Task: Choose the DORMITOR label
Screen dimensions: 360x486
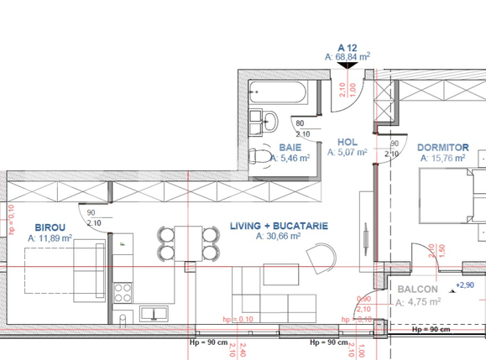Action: point(442,147)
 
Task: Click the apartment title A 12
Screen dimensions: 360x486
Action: point(348,47)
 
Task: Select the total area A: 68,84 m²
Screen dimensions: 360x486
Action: point(348,57)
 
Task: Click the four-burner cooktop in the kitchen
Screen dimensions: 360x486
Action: point(123,292)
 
